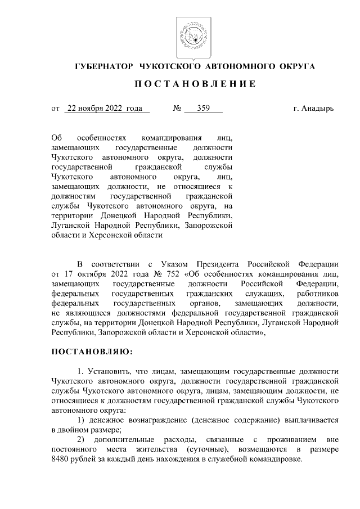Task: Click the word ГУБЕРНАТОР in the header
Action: point(105,67)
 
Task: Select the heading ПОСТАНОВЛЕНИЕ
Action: point(195,84)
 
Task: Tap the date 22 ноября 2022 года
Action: point(104,109)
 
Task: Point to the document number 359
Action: point(203,109)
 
